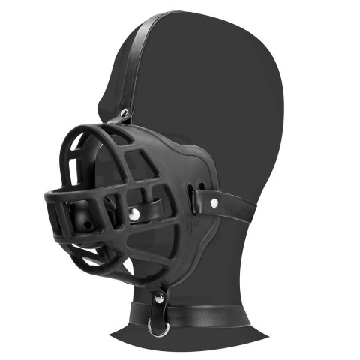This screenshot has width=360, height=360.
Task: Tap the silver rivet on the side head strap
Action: pos(214,202)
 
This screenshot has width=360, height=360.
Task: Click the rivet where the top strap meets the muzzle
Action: pos(124,114)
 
